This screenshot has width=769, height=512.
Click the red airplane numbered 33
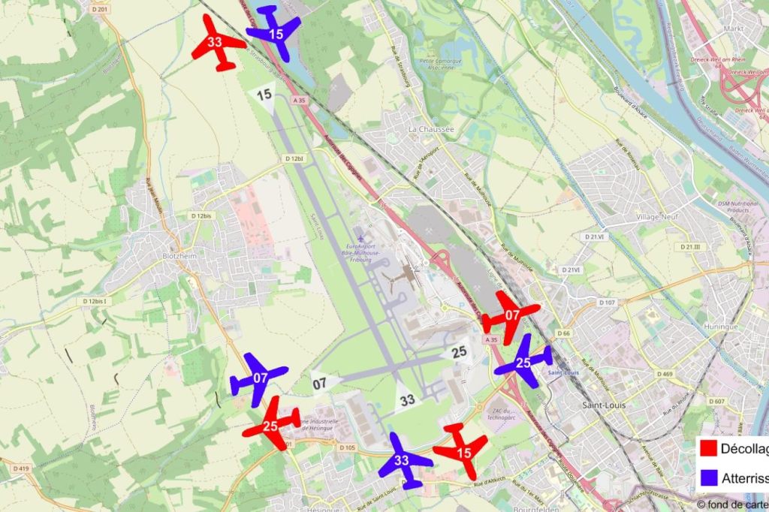(216, 43)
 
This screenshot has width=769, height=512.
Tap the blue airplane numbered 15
(275, 33)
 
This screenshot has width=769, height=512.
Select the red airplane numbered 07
(511, 316)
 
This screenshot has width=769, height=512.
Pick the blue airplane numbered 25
(523, 363)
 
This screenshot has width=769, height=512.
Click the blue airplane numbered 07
(260, 378)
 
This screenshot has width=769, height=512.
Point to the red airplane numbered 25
(271, 425)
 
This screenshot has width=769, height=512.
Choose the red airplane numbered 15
(462, 451)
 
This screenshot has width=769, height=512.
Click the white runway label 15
(264, 95)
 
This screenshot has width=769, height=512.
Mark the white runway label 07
(321, 383)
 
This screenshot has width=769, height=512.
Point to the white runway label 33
(408, 399)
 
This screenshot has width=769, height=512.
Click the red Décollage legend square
(707, 449)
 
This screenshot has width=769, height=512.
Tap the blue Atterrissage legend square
(707, 477)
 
